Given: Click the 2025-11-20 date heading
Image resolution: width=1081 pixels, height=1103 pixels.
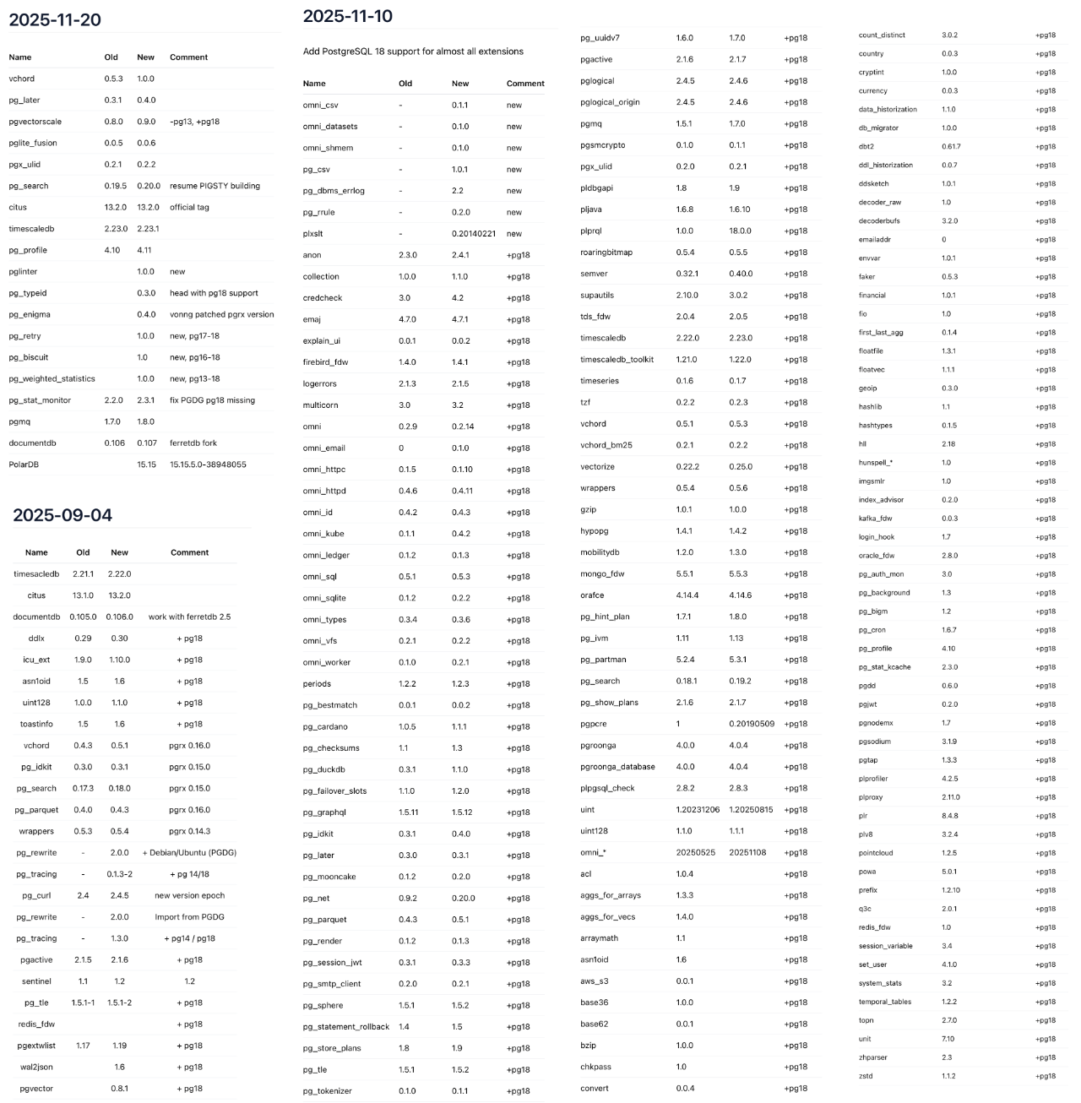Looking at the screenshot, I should tap(55, 20).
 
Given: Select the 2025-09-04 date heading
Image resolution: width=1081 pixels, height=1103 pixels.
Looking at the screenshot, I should tap(62, 515).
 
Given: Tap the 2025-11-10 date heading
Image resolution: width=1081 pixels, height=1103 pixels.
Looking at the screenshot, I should tap(347, 16).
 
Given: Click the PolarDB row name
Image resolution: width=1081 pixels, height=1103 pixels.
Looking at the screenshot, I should tap(24, 465).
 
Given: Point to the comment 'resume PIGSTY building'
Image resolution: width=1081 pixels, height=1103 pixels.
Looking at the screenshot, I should tap(215, 186).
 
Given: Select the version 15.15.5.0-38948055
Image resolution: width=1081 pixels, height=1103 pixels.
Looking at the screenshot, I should tap(208, 465).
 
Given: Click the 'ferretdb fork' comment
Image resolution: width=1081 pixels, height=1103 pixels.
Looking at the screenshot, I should tap(193, 443).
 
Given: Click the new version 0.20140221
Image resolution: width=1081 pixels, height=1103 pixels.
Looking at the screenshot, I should tap(473, 234).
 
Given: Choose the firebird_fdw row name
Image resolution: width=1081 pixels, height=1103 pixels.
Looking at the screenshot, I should tap(325, 362).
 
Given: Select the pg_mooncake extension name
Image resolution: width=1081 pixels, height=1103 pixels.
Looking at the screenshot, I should tap(329, 877).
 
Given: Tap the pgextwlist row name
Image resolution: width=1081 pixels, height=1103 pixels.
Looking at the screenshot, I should tap(36, 1046).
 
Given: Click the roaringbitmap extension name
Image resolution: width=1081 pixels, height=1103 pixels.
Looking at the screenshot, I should tap(606, 253).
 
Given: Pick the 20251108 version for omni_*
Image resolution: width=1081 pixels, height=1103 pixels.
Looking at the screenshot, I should tap(747, 852).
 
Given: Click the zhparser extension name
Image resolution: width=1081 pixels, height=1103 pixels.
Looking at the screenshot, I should tap(872, 1057).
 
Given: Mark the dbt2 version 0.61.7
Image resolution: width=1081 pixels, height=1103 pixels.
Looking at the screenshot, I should tap(951, 147).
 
